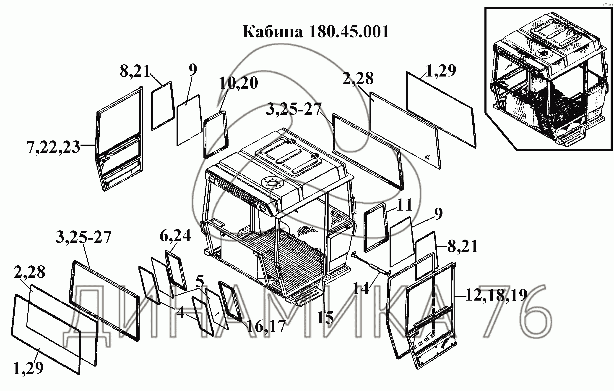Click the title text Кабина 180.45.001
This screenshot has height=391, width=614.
tap(316, 32)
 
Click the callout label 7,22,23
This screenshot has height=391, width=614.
tap(53, 147)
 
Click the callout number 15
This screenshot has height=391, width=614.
tap(325, 318)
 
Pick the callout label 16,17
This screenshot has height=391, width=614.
tap(266, 326)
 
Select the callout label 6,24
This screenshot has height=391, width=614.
tap(175, 235)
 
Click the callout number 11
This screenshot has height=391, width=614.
tap(405, 205)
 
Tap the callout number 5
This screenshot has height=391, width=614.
tap(200, 281)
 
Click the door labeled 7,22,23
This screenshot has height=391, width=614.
tap(120, 139)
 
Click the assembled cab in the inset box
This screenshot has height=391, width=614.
tap(548, 79)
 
